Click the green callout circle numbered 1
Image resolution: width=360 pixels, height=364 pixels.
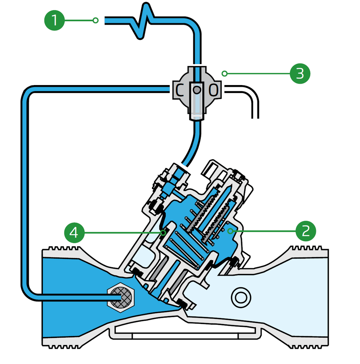pyautogui.click(x=54, y=21)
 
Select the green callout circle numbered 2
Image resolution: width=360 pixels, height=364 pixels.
pyautogui.click(x=306, y=231)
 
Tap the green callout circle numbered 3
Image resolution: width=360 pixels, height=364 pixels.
pyautogui.click(x=300, y=74)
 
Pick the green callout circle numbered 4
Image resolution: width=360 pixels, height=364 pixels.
pyautogui.click(x=74, y=232)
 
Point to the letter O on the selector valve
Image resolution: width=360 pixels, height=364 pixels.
pyautogui.click(x=213, y=90)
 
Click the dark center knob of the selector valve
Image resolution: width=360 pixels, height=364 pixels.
pyautogui.click(x=197, y=90)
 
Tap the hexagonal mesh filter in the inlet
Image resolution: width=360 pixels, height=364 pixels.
pyautogui.click(x=120, y=297)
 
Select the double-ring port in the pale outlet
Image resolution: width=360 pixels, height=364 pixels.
pyautogui.click(x=241, y=298)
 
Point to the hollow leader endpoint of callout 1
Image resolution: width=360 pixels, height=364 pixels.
pyautogui.click(x=95, y=21)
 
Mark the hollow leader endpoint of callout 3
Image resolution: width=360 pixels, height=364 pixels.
pyautogui.click(x=224, y=74)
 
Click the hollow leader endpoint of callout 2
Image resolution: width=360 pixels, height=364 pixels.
pyautogui.click(x=230, y=231)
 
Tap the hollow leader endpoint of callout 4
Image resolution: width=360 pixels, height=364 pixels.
pyautogui.click(x=163, y=232)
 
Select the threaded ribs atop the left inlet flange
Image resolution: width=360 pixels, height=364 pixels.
pyautogui.click(x=64, y=248)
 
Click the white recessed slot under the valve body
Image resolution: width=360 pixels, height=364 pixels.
pyautogui.click(x=185, y=330)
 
